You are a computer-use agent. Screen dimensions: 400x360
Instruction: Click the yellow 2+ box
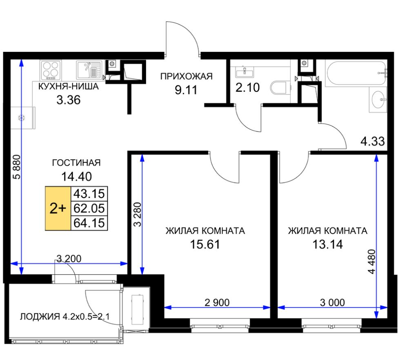click(58, 209)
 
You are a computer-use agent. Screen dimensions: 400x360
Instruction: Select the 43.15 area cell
click(89, 193)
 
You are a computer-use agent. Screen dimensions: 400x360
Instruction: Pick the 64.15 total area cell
click(89, 223)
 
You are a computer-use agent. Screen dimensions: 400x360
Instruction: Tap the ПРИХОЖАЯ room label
click(186, 76)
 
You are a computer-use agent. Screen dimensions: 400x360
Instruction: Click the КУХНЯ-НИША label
click(69, 87)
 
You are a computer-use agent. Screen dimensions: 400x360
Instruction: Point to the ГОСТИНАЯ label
click(76, 163)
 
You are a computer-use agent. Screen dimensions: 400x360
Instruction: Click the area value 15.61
click(205, 244)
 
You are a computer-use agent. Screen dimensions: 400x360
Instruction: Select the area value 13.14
click(327, 244)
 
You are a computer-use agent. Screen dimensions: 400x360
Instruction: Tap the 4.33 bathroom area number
click(372, 141)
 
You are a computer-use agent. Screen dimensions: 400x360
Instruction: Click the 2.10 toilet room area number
click(247, 87)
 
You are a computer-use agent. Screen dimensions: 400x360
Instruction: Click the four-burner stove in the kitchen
click(51, 70)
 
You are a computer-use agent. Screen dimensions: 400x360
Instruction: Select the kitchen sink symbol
click(89, 70)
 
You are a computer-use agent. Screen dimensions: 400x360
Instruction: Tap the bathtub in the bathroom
click(356, 73)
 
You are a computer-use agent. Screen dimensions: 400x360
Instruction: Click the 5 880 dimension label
click(17, 167)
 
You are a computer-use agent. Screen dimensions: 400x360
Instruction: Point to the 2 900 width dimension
click(217, 302)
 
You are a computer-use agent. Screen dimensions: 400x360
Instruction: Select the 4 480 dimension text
click(372, 262)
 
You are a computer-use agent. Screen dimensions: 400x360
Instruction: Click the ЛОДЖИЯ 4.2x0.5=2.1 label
click(65, 317)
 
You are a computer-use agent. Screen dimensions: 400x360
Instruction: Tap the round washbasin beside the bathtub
click(378, 100)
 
